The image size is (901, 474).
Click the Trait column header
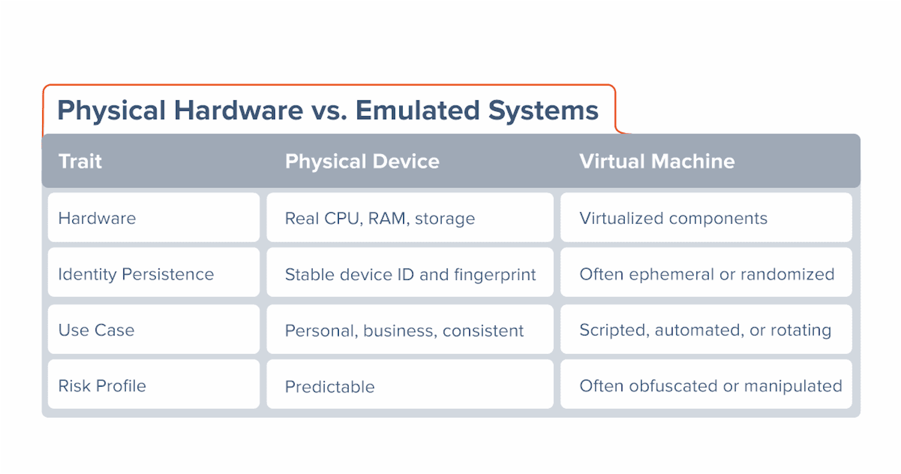[x=80, y=161]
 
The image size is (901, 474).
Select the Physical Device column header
[x=362, y=161]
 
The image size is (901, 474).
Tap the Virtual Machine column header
[x=657, y=161]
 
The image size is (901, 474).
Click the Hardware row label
[x=97, y=218]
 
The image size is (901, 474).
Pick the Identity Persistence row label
[x=136, y=274]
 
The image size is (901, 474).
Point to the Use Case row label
[x=96, y=330]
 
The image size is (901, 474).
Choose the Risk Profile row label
[x=102, y=386]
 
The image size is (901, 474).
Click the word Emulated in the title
[x=418, y=110]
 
